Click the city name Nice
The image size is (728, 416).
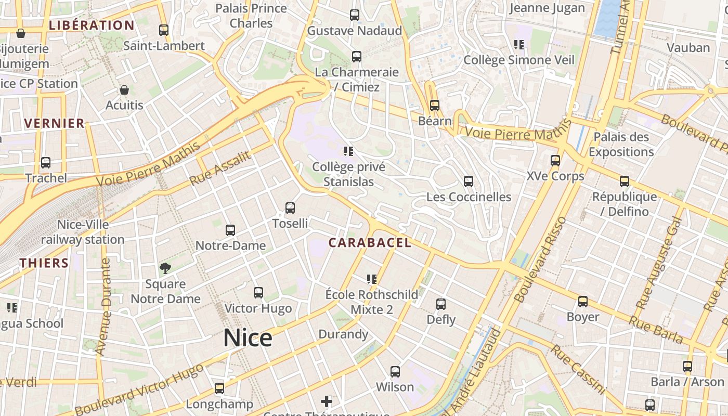[x=248, y=338]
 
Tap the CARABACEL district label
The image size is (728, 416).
[x=370, y=243]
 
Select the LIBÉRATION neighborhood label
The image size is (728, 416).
[x=92, y=25]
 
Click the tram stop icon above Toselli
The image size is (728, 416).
[x=290, y=208]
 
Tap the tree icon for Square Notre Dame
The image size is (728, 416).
[x=165, y=268]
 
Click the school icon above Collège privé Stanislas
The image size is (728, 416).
[x=348, y=151]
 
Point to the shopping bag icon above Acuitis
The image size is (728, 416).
[x=124, y=90]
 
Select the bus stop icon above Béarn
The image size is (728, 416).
[x=435, y=106]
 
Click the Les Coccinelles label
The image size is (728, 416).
[x=469, y=197]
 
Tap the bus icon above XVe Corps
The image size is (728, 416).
[x=555, y=161]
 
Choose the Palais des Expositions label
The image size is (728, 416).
[x=621, y=145]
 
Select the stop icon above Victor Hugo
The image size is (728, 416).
[x=258, y=293]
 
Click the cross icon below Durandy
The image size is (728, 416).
[x=327, y=401]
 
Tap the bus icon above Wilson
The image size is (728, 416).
[x=395, y=372]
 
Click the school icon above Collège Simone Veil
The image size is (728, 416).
[x=518, y=45]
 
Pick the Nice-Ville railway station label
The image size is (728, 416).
[x=83, y=232]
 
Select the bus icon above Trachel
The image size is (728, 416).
[x=46, y=163]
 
